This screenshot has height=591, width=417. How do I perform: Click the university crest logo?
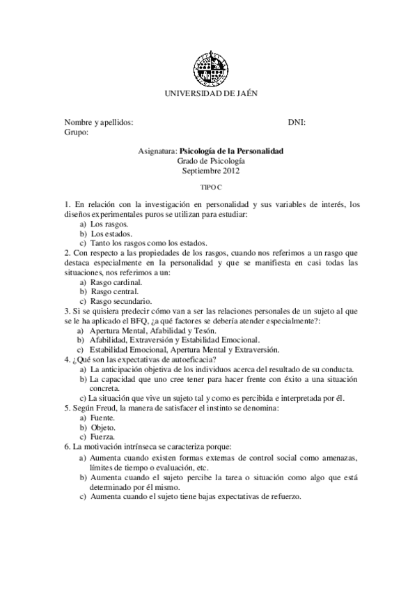pos(210,68)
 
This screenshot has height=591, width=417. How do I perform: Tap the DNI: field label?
pos(297,121)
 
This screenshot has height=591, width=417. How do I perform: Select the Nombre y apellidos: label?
pos(98,121)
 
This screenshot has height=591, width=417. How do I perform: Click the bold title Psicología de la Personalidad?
pos(231,151)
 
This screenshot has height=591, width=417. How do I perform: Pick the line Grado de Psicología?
pos(210,160)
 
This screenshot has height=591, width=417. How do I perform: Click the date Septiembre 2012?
pos(210,170)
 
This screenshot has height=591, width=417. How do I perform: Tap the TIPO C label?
pos(210,187)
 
